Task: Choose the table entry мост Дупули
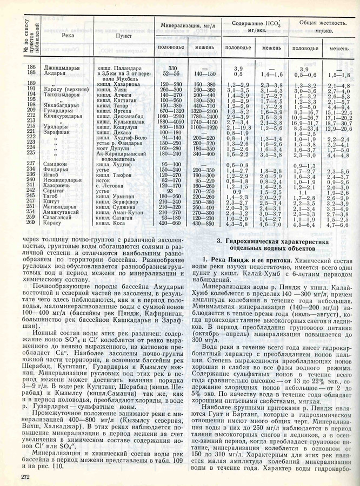[113, 147]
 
